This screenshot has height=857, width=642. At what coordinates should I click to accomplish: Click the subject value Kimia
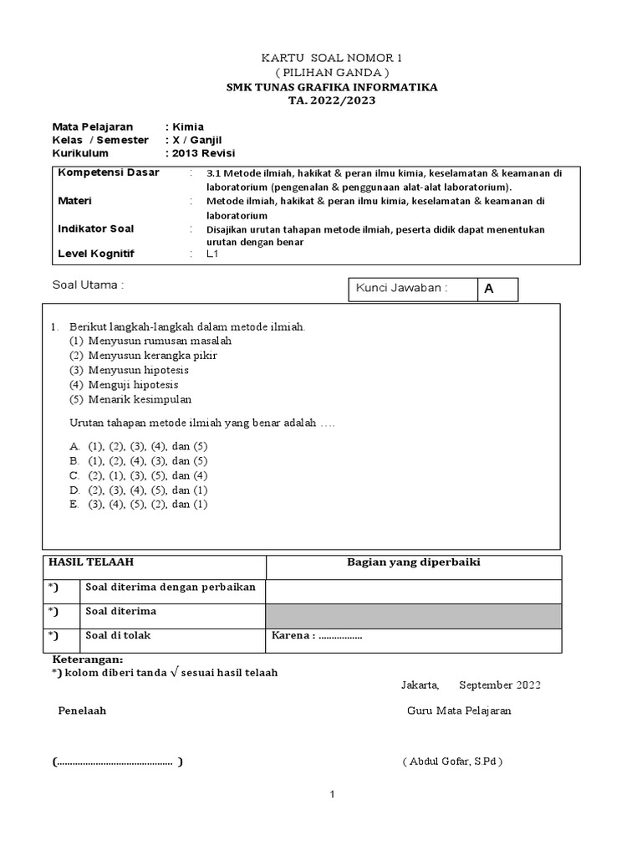click(x=187, y=126)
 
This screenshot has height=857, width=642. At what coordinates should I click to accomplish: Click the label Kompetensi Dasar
click(x=108, y=172)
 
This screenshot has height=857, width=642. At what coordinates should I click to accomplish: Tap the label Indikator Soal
click(x=95, y=228)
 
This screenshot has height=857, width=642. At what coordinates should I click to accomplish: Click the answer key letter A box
click(x=497, y=289)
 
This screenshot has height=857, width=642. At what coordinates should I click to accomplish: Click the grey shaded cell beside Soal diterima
click(x=413, y=614)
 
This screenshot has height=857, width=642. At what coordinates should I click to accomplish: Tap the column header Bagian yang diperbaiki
click(x=413, y=562)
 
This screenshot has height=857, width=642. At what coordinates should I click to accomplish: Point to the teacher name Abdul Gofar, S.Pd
click(x=452, y=762)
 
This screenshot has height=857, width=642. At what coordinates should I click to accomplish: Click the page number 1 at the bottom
click(x=332, y=795)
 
